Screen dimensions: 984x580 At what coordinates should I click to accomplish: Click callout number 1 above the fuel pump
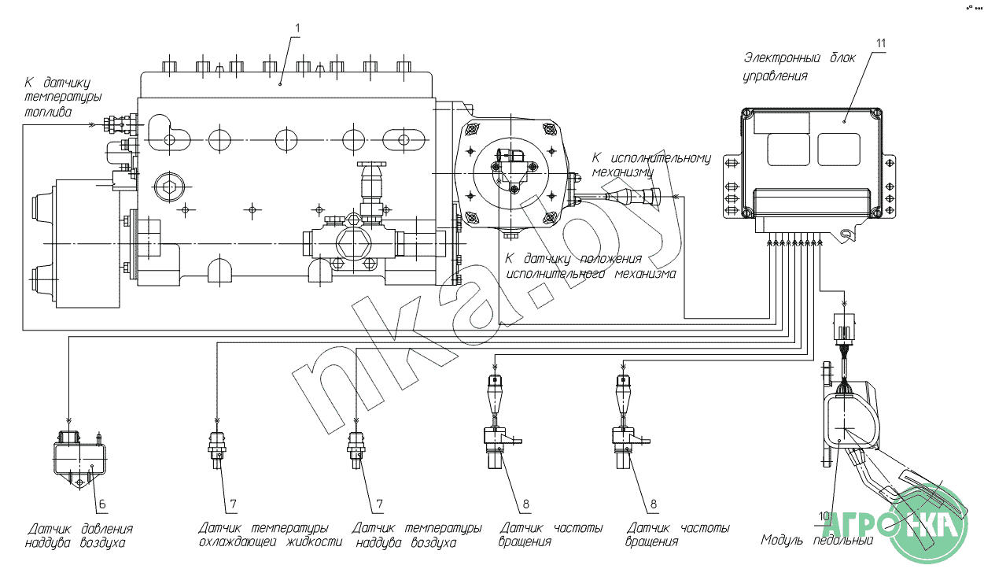297,28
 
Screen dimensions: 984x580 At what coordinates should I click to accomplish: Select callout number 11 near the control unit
881,43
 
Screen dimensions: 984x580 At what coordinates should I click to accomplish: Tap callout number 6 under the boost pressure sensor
102,504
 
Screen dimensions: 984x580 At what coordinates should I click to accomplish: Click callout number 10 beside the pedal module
824,516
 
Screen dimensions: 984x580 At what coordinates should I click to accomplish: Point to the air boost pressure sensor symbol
79,457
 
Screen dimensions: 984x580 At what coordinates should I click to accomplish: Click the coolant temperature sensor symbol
217,449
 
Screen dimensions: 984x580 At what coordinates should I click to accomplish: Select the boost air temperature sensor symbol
356,449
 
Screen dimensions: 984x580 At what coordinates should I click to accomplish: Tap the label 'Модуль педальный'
816,540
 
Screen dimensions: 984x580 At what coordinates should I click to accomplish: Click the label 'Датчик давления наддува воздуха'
79,536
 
